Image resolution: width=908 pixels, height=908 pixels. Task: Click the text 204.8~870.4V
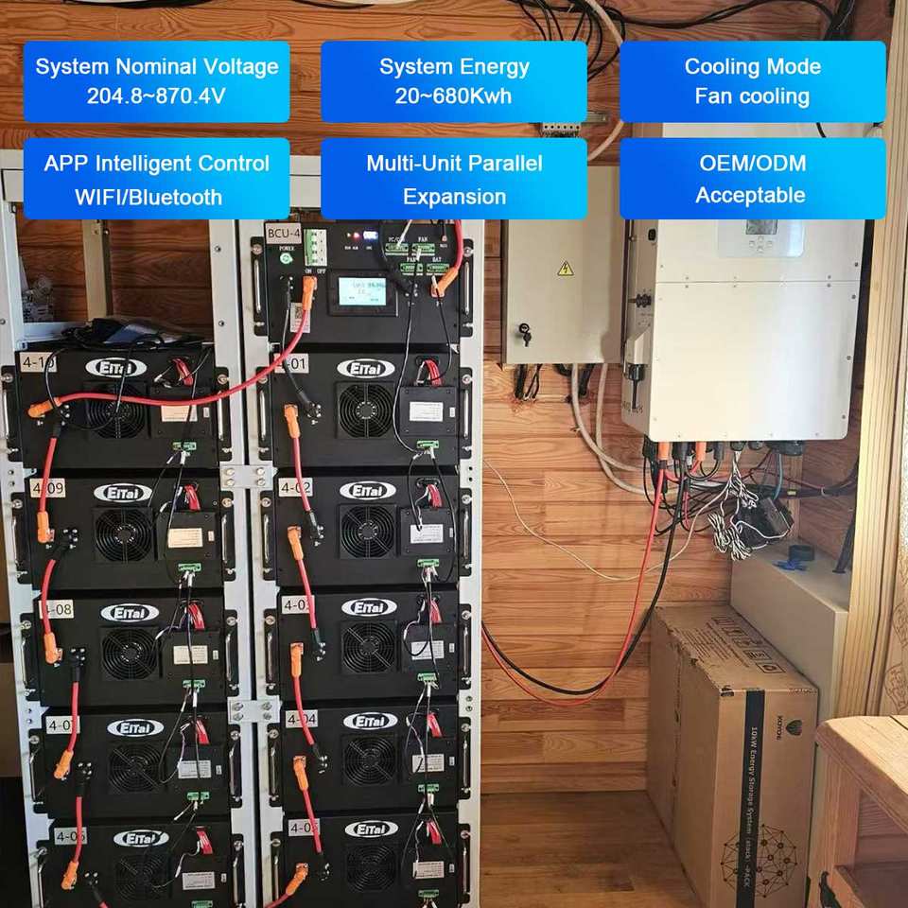click(x=156, y=96)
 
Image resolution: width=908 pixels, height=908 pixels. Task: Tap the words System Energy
click(x=454, y=66)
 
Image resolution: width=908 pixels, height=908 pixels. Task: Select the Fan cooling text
click(x=752, y=96)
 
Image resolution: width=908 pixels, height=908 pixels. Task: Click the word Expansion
click(x=454, y=197)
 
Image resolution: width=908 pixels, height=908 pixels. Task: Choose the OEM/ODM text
click(x=752, y=163)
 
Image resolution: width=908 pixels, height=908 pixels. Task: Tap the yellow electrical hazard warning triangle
click(x=566, y=269)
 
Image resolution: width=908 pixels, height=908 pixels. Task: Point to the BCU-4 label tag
click(x=283, y=234)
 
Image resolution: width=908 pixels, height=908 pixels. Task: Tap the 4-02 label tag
click(x=293, y=488)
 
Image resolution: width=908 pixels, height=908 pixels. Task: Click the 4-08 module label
click(x=56, y=609)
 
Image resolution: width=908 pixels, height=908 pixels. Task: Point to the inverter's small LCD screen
click(x=761, y=226)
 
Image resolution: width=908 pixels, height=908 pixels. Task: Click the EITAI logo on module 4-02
click(x=367, y=490)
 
